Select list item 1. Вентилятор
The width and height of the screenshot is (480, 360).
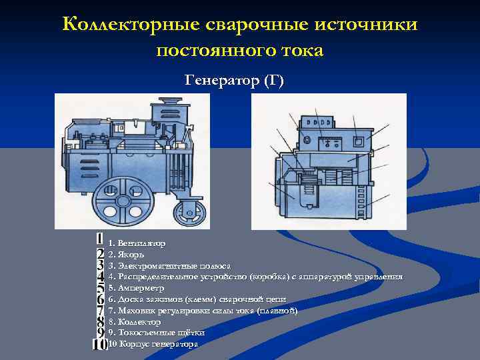click(137, 243)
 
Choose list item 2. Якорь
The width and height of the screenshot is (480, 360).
click(126, 255)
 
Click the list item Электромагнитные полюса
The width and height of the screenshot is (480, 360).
click(169, 265)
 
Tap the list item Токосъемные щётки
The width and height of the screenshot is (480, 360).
click(156, 332)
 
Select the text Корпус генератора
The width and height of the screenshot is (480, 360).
click(157, 344)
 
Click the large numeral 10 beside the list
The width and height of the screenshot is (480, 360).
click(99, 344)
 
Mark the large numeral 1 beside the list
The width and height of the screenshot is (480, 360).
click(99, 239)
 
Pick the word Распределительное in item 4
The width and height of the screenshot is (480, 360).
click(157, 277)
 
